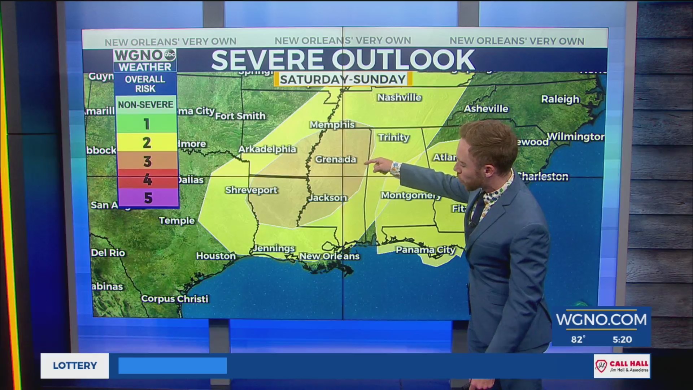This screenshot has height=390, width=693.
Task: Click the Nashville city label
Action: pyautogui.click(x=399, y=97)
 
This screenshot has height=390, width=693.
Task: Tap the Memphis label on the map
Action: pyautogui.click(x=332, y=125)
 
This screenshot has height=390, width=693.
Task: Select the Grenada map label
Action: pyautogui.click(x=335, y=159)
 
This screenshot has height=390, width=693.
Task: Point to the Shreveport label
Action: pyautogui.click(x=251, y=190)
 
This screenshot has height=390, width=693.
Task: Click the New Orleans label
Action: pyautogui.click(x=329, y=256)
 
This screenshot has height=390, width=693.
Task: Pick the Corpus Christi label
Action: pyautogui.click(x=175, y=299)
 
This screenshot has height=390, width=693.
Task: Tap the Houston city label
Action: pyautogui.click(x=215, y=256)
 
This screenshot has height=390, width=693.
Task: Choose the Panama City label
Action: pyautogui.click(x=426, y=250)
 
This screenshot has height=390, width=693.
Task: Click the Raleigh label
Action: pyautogui.click(x=560, y=99)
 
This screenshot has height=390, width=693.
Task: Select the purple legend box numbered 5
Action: pyautogui.click(x=147, y=198)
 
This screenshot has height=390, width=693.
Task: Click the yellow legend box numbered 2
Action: pyautogui.click(x=147, y=143)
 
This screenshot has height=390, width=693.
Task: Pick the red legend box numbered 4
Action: pyautogui.click(x=147, y=179)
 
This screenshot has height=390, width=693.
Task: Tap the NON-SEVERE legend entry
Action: pyautogui.click(x=146, y=105)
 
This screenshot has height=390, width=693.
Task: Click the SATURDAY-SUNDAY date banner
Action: pyautogui.click(x=343, y=79)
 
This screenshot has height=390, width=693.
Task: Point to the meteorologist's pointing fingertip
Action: pyautogui.click(x=366, y=163)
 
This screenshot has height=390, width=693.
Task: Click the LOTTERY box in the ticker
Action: pyautogui.click(x=75, y=365)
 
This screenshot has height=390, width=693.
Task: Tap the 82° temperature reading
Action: pyautogui.click(x=578, y=339)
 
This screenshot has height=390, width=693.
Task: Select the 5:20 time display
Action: pyautogui.click(x=622, y=339)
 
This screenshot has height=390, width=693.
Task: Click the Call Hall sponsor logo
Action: pyautogui.click(x=622, y=366)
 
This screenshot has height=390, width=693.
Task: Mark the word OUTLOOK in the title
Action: pyautogui.click(x=403, y=60)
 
